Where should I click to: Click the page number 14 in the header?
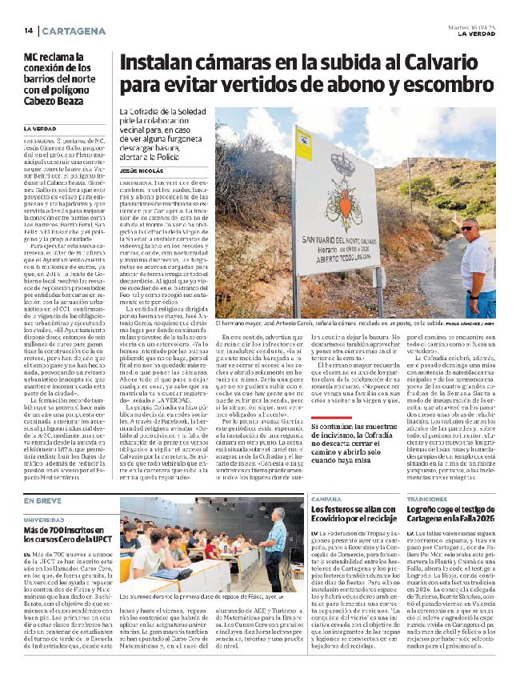(x=28, y=30)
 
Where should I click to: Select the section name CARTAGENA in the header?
(x=73, y=30)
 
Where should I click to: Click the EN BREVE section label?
(x=42, y=500)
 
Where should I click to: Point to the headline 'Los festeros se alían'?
(x=352, y=514)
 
